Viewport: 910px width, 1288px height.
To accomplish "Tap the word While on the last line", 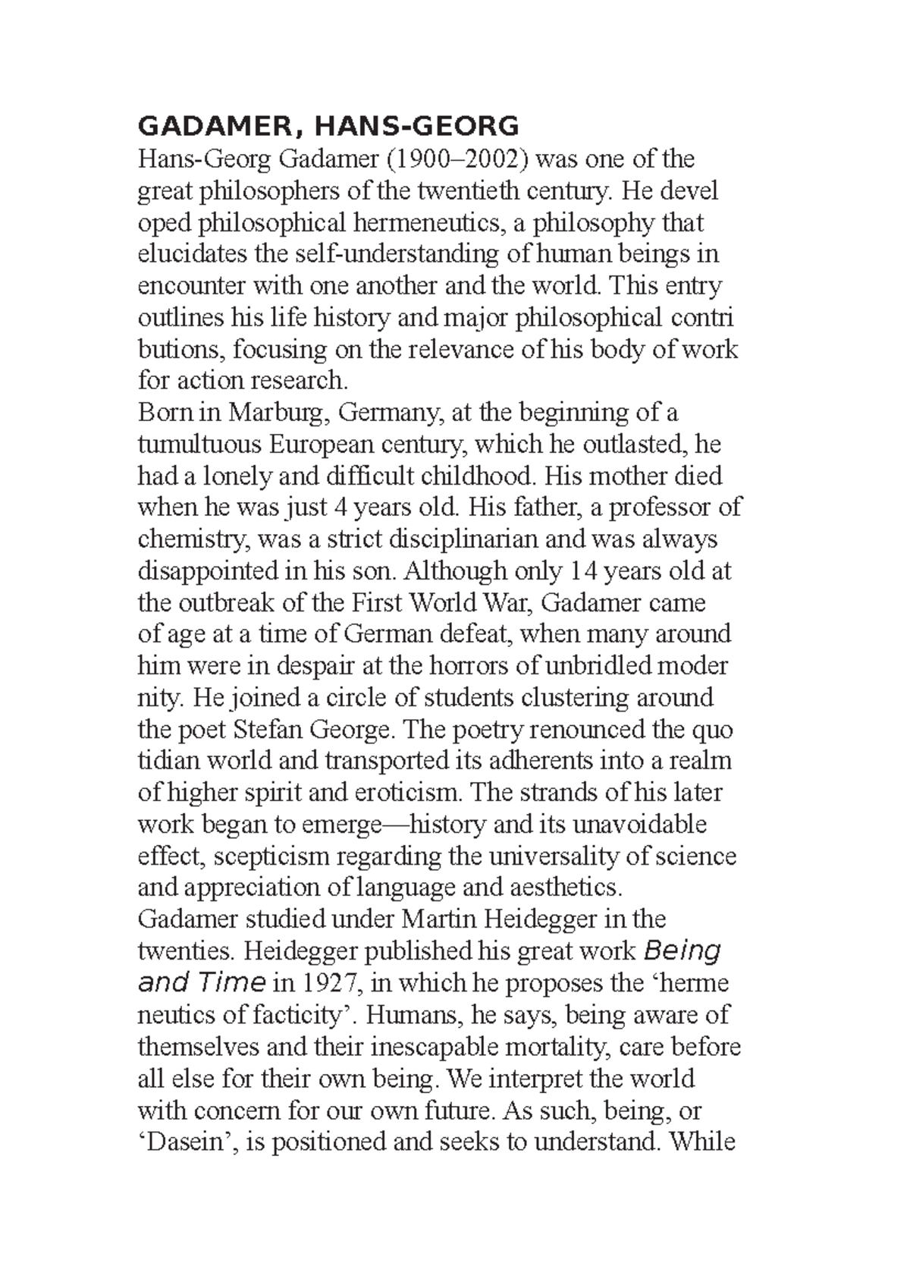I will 700,1142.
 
